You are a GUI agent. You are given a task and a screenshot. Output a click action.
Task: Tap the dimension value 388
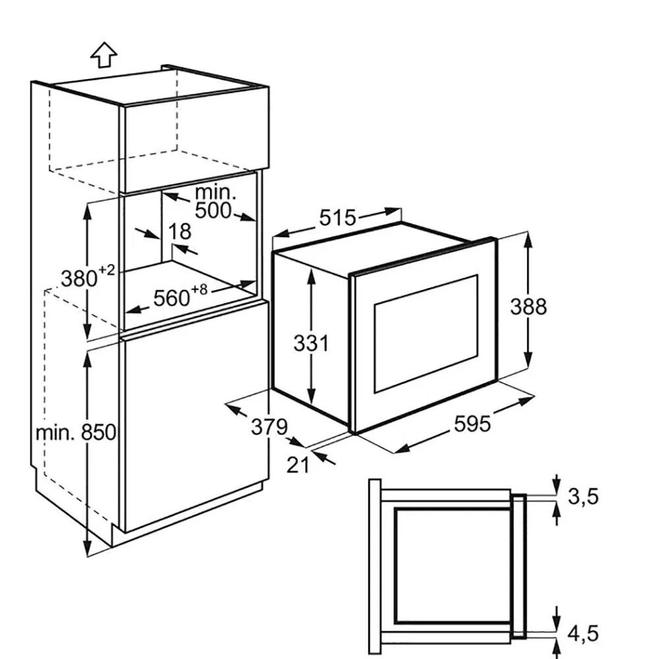pos(529,306)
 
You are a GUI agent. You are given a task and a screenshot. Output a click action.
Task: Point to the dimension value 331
pos(310,343)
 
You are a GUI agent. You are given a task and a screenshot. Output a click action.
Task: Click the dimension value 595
pos(472,424)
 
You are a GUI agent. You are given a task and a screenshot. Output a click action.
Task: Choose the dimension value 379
pos(270,427)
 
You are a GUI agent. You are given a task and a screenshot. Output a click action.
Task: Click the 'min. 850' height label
pos(76,432)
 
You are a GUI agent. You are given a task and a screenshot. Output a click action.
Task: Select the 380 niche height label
pos(80,279)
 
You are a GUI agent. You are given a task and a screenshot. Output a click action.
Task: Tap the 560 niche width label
pos(171,299)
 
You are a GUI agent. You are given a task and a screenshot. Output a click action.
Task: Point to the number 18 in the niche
pos(179,231)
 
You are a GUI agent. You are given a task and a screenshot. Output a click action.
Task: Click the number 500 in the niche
pos(214,211)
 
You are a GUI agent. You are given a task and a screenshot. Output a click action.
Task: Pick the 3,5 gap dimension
pos(583,496)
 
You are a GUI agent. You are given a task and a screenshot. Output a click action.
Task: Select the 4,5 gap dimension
pos(583,633)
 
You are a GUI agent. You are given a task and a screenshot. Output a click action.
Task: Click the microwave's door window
pos(426,332)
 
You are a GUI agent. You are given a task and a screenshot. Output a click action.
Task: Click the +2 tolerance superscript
pos(107,270)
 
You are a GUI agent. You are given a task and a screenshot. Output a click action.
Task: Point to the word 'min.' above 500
pos(215,192)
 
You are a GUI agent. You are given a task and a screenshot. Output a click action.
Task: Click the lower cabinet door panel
pos(194,415)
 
